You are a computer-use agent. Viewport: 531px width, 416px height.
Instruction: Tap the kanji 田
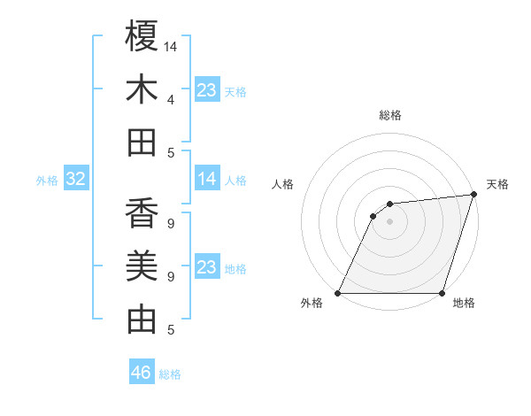(x=142, y=143)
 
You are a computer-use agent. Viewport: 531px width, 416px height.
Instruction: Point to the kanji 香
(x=142, y=213)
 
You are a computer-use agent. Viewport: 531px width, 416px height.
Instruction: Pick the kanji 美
(x=142, y=266)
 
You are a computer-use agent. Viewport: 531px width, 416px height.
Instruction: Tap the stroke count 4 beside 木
(x=170, y=99)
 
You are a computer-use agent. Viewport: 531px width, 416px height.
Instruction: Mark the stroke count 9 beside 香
(x=170, y=223)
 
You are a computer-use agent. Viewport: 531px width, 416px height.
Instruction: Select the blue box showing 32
(x=76, y=180)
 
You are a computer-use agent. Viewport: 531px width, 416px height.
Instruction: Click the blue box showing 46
(x=142, y=373)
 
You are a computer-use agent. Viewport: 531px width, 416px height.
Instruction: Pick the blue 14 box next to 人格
(x=207, y=180)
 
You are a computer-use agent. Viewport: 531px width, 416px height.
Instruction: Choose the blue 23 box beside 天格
(x=207, y=90)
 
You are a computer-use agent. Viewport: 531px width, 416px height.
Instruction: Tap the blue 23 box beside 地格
(x=207, y=267)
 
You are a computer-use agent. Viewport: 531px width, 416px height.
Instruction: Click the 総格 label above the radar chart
(x=390, y=115)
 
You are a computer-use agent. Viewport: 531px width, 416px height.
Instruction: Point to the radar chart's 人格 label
(x=283, y=184)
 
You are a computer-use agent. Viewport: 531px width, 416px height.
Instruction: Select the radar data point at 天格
(x=473, y=195)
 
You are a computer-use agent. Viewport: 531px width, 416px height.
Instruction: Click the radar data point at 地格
(x=442, y=293)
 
